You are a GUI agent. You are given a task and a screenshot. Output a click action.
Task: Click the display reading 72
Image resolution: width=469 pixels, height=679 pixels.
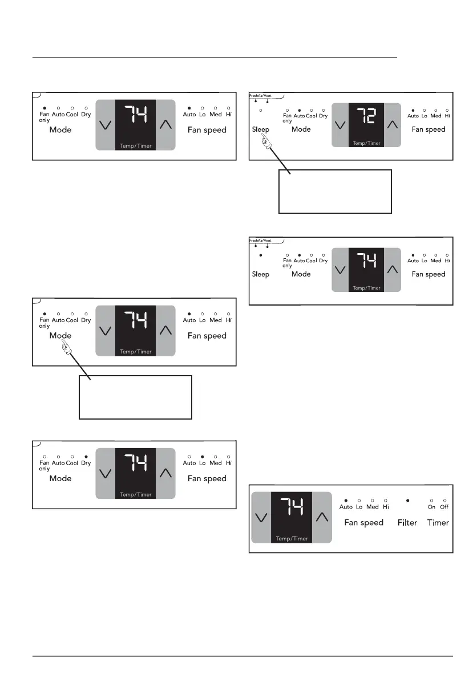coord(366,117)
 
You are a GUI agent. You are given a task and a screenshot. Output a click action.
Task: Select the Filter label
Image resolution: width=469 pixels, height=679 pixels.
coord(407,522)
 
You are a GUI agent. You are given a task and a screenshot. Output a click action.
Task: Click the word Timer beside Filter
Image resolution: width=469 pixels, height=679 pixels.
coord(438,522)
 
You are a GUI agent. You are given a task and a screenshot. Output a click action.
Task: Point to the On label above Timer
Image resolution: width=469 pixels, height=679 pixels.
coord(431,507)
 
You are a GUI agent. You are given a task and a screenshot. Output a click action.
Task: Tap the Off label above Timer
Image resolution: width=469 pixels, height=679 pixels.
coord(444,507)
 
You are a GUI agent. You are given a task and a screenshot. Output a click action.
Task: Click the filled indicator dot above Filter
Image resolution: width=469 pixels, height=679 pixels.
coord(407,500)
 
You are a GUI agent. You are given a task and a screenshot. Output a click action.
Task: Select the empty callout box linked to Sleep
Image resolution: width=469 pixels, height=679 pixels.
coord(335,191)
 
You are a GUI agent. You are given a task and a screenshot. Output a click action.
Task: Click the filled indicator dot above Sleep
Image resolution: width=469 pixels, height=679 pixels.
coord(261,255)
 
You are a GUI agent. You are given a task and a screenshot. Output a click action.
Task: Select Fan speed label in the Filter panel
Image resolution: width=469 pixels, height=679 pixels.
coord(363,522)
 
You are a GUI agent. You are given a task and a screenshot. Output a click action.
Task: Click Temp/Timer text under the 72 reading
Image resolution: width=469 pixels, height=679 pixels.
coord(366,143)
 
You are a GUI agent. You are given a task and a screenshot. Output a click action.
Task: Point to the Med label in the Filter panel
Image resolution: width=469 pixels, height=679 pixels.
coord(373,507)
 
